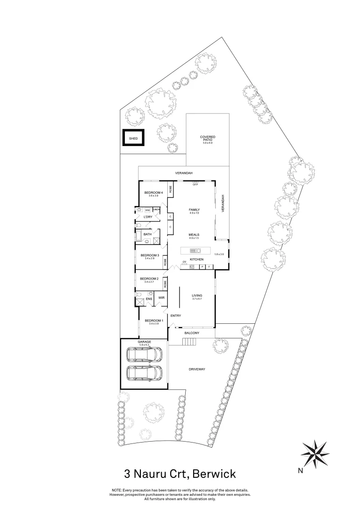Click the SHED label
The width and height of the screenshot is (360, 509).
[x=133, y=139]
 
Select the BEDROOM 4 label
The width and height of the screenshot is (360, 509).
[x=153, y=192]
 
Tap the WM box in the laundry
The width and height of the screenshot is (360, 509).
[x=147, y=210]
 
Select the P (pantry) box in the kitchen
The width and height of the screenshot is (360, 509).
[x=202, y=267]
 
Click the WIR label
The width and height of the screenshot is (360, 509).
[x=161, y=298]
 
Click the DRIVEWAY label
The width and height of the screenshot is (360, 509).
[x=197, y=369]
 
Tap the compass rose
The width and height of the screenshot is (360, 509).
[x=315, y=452]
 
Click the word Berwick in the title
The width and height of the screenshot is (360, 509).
[x=210, y=473]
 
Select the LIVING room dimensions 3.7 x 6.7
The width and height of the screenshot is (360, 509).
[x=196, y=299]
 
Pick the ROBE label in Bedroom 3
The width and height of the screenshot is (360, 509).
[x=165, y=262]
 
